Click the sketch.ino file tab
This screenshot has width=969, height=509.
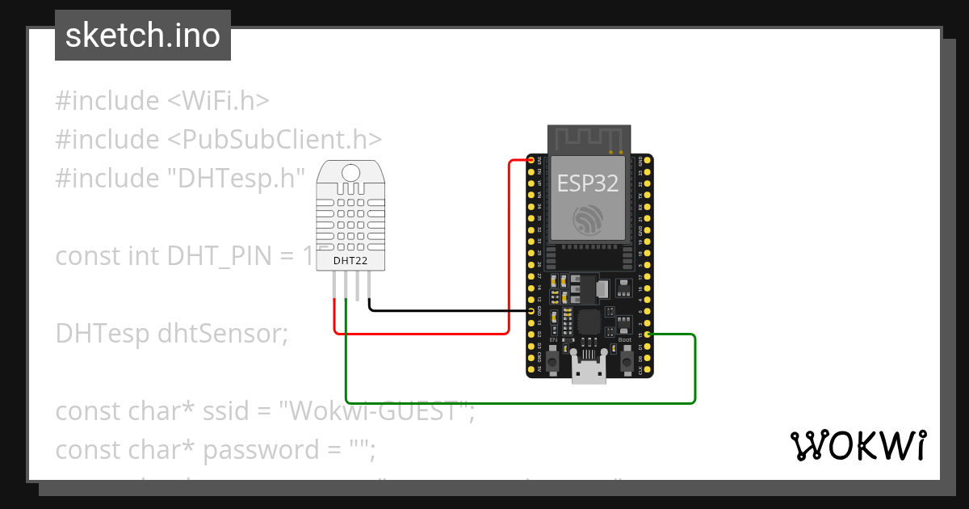coord(143,36)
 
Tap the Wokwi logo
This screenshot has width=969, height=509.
coord(857,446)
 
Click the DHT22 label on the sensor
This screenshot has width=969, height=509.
coord(350,260)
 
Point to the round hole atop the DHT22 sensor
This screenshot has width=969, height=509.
coord(351,172)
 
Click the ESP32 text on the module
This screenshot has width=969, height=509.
coord(588,183)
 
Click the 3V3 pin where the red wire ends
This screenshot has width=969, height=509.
coord(531,161)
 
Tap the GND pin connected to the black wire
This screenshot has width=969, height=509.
coord(531,311)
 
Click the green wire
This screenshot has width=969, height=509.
coord(517,402)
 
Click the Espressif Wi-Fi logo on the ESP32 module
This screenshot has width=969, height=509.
coord(588,220)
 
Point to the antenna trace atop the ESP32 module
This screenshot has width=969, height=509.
coord(588,138)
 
